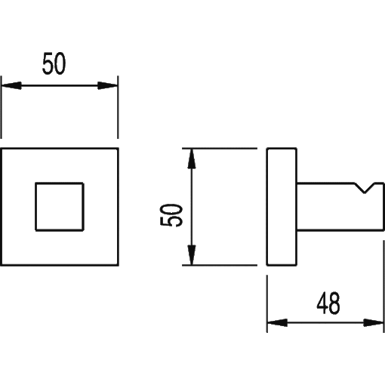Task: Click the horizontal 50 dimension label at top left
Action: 54,63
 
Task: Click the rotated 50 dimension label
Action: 171,215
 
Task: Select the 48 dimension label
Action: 328,303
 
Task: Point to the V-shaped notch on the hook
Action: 365,188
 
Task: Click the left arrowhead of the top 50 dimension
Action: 11,85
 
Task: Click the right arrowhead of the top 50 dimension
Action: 108,85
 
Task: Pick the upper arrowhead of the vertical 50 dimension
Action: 192,159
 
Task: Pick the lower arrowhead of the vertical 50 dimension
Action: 192,255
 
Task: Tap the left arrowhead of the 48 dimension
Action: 277,322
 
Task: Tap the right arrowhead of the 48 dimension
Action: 374,322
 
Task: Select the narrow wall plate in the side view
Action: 282,207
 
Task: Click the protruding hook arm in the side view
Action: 340,206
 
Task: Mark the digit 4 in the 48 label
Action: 322,303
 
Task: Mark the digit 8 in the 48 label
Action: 334,303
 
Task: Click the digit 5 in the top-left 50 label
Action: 48,63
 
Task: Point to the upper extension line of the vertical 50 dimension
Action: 220,149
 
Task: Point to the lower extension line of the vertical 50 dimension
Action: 220,265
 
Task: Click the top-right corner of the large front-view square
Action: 118,149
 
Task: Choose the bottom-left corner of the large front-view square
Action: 2,265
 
